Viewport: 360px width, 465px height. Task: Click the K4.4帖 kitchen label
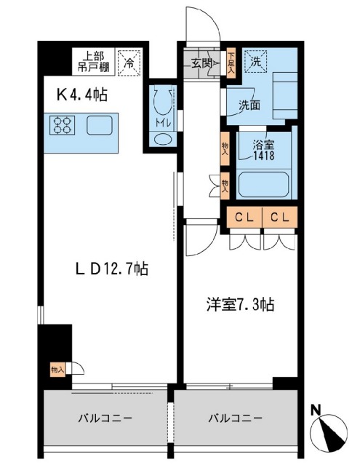pyautogui.click(x=81, y=95)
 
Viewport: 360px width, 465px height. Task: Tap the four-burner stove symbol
pyautogui.click(x=63, y=125)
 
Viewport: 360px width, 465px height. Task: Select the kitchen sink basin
pyautogui.click(x=100, y=125)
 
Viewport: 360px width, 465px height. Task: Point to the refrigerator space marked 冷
pyautogui.click(x=129, y=63)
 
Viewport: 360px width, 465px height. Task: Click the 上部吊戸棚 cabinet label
pyautogui.click(x=93, y=62)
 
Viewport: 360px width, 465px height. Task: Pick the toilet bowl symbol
pyautogui.click(x=161, y=101)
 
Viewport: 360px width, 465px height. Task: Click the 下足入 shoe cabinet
pyautogui.click(x=231, y=63)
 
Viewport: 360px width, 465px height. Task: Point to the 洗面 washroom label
pyautogui.click(x=249, y=105)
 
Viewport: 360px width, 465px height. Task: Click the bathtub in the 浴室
pyautogui.click(x=263, y=184)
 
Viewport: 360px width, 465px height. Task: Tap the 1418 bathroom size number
pyautogui.click(x=263, y=155)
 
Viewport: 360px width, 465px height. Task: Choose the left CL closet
pyautogui.click(x=244, y=218)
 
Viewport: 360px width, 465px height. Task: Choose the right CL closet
pyautogui.click(x=280, y=218)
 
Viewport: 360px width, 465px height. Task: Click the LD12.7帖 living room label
pyautogui.click(x=112, y=269)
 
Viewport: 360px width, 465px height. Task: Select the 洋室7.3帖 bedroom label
pyautogui.click(x=240, y=305)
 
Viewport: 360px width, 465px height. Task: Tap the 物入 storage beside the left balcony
pyautogui.click(x=57, y=370)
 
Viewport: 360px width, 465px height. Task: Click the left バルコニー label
pyautogui.click(x=105, y=418)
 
